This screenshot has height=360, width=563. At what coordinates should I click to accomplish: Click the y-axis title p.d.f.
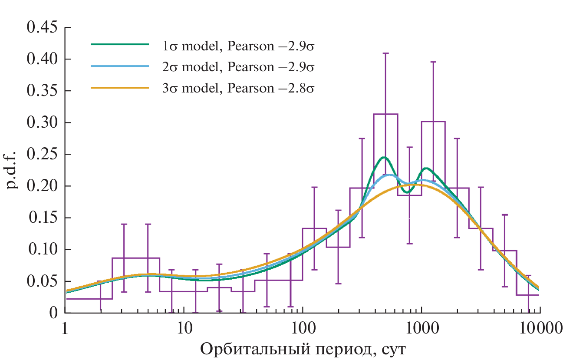point(13,170)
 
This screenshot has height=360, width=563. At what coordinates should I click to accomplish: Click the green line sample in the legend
point(120,44)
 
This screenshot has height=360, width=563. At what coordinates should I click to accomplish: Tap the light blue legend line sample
point(120,66)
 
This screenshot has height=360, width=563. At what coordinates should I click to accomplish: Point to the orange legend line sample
point(120,88)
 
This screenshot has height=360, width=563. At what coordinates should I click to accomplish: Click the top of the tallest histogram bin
point(385,114)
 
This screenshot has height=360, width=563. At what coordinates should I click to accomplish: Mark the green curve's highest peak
point(384,157)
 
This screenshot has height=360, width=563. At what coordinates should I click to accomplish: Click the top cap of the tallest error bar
point(385,53)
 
